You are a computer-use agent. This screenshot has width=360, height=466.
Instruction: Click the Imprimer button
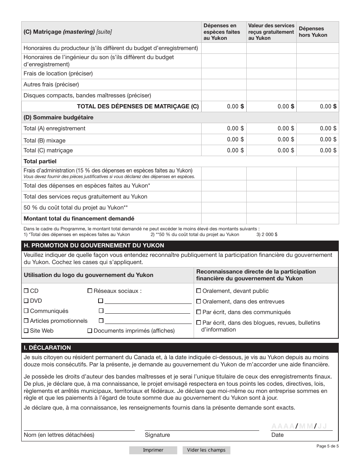153,450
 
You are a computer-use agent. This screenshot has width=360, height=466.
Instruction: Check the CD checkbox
26,291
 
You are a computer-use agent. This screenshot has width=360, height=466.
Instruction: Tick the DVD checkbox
26,301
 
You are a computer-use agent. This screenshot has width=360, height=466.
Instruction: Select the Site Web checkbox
26,331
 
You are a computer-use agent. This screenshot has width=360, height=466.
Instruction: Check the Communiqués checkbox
26,311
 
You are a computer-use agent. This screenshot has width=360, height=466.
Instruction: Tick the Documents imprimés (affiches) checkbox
90,331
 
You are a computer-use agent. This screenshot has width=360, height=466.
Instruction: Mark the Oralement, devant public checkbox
199,291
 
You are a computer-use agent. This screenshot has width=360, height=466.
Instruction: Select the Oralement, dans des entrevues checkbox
199,302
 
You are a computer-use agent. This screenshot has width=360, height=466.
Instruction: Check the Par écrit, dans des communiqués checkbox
199,312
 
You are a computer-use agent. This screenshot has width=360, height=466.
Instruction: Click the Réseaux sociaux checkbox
90,291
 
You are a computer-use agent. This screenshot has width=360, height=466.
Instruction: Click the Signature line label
157,435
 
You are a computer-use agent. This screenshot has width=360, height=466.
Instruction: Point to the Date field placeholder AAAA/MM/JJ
299,426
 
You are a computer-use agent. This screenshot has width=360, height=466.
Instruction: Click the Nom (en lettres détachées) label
59,435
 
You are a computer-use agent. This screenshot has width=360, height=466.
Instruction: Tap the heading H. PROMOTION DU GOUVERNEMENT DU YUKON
94,246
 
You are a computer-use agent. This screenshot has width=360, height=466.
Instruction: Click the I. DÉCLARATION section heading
47,348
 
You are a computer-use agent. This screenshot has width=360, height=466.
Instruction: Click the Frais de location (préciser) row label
58,73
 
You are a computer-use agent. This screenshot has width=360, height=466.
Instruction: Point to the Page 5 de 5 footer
327,446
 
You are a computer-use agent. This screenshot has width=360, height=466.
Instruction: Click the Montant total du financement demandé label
79,219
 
